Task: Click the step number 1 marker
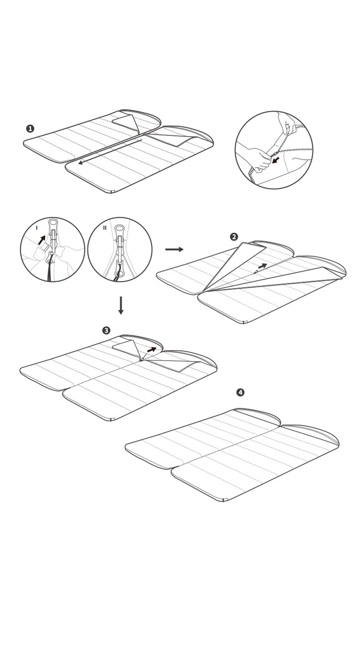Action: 30,129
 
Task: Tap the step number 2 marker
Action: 234,237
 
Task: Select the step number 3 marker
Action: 106,330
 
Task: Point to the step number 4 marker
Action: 240,392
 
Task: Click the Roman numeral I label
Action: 37,228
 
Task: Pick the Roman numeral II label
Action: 105,228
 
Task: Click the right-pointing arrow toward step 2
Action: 174,249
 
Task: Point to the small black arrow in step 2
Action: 262,266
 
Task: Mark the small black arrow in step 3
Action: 152,349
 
